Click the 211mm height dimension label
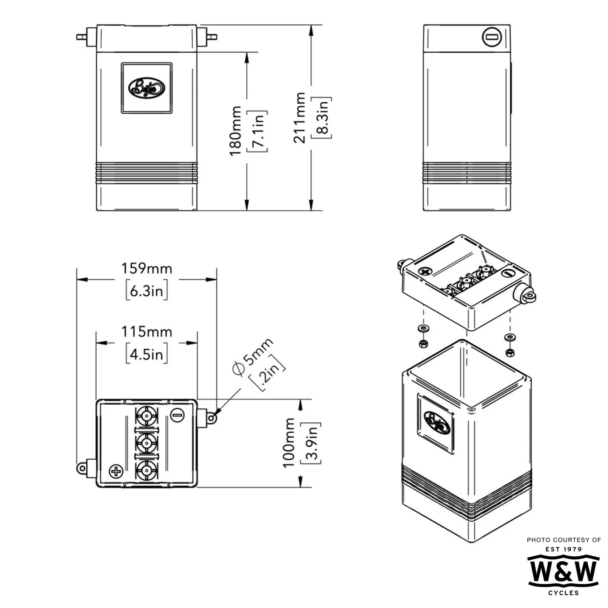click(299, 118)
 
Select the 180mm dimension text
click(235, 131)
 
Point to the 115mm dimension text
click(147, 332)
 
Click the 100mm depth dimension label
click(288, 443)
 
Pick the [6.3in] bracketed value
click(147, 292)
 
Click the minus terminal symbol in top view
click(177, 415)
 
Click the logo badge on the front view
click(147, 88)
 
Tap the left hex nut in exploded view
click(423, 343)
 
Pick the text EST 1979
click(563, 549)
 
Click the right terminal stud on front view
click(212, 37)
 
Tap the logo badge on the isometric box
click(436, 423)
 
